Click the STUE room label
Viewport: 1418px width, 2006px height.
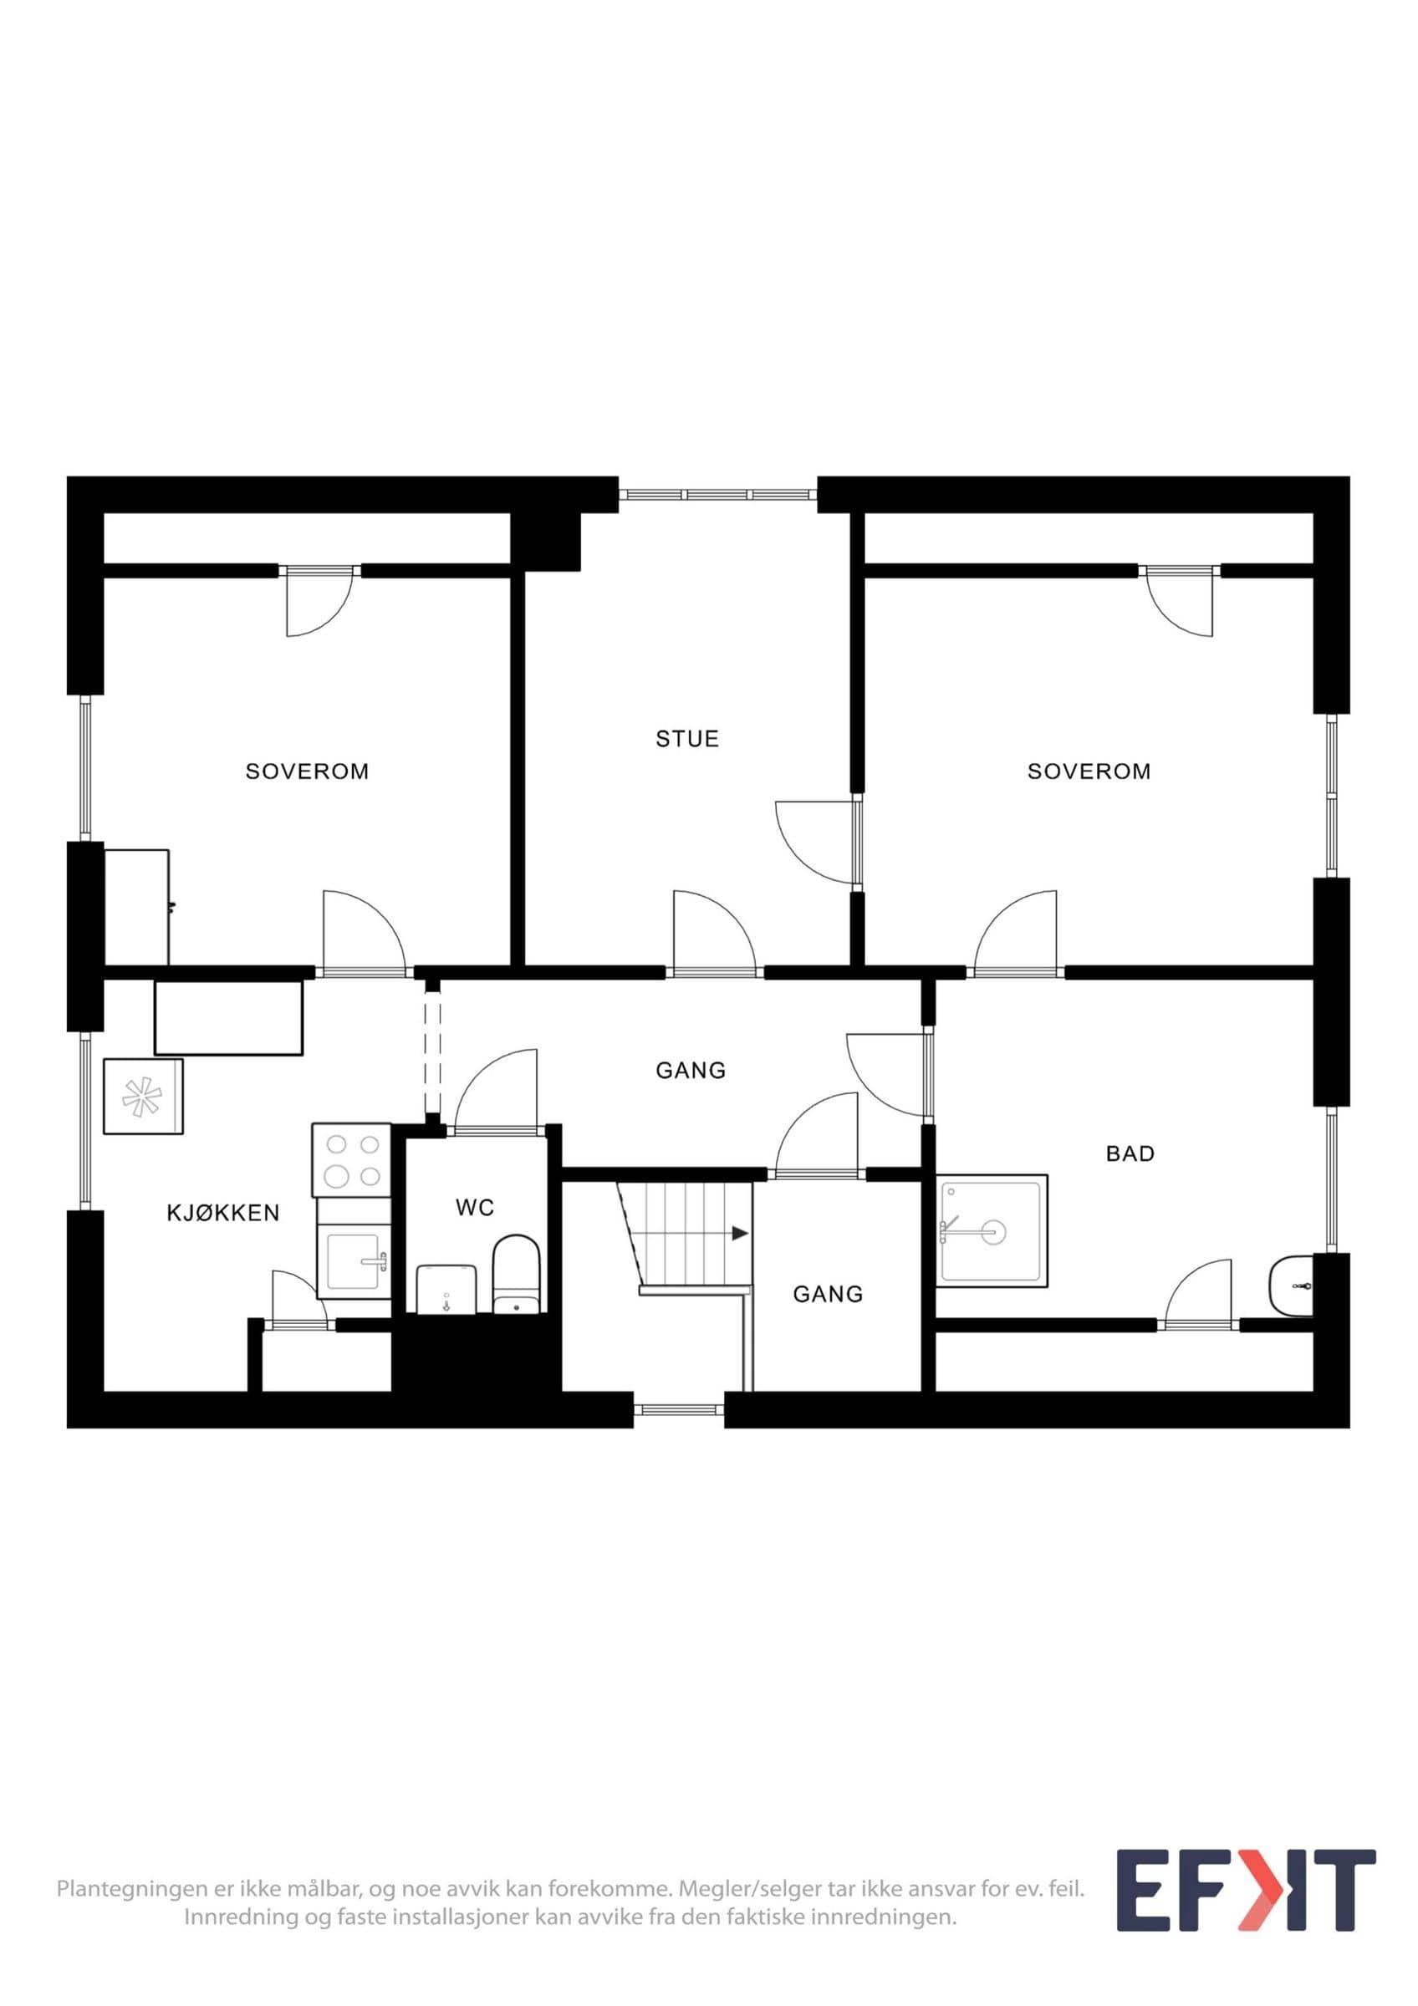point(686,738)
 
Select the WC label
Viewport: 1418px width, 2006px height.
point(474,1208)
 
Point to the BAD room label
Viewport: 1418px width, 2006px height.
point(1130,1153)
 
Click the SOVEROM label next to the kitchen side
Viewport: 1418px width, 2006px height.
point(307,771)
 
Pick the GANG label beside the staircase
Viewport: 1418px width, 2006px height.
point(828,1294)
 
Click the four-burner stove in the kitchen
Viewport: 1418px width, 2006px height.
point(351,1159)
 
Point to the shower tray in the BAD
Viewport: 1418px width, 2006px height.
point(992,1231)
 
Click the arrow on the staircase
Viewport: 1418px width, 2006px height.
point(740,1234)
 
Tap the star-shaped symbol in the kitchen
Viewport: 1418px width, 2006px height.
point(142,1097)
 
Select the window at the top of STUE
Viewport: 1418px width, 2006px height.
point(717,495)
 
